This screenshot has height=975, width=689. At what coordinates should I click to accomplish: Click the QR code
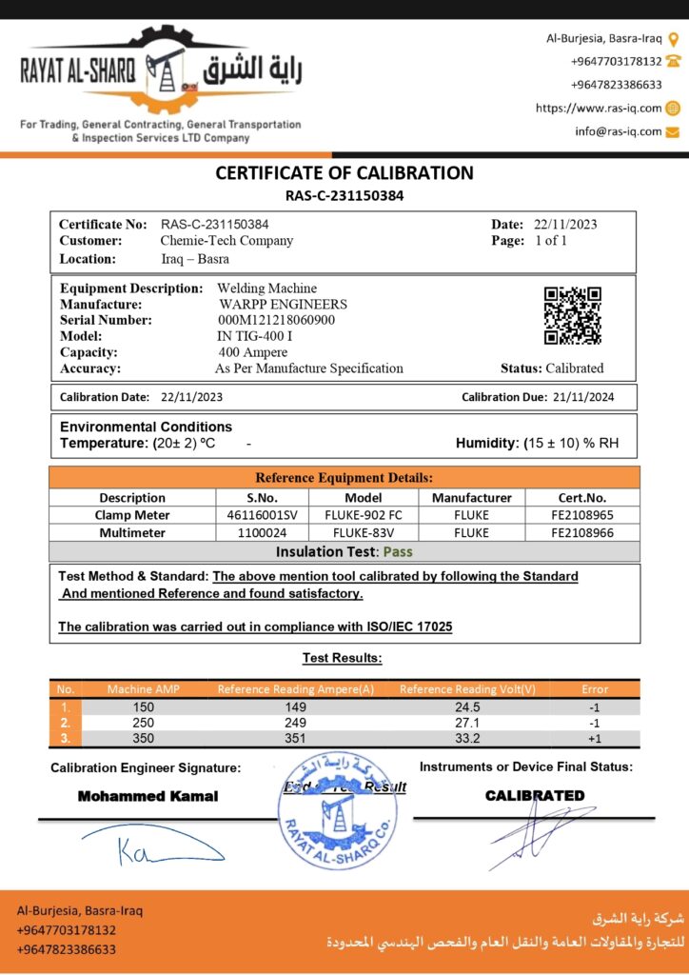pyautogui.click(x=573, y=315)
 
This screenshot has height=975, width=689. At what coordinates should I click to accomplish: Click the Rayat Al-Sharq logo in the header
pyautogui.click(x=161, y=71)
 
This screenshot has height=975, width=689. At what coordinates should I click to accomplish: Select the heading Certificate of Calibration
pyautogui.click(x=344, y=173)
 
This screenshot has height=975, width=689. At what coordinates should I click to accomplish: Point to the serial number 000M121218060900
pyautogui.click(x=276, y=320)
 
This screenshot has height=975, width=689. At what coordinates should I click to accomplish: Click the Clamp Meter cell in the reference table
pyautogui.click(x=131, y=515)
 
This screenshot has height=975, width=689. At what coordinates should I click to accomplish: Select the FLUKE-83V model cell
pyautogui.click(x=363, y=533)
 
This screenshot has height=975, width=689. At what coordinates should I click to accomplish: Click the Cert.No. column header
pyautogui.click(x=581, y=498)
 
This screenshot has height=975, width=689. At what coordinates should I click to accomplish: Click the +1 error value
pyautogui.click(x=593, y=739)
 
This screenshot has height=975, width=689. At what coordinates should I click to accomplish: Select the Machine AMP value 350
pyautogui.click(x=142, y=739)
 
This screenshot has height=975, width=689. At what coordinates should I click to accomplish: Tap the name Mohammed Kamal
pyautogui.click(x=148, y=796)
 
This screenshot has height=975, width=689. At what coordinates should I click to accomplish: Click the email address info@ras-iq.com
pyautogui.click(x=618, y=131)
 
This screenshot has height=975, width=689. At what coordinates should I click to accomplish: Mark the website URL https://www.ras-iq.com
pyautogui.click(x=599, y=108)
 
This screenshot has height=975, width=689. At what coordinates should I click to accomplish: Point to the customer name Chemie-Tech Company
pyautogui.click(x=226, y=241)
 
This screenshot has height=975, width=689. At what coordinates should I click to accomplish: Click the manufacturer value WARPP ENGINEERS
pyautogui.click(x=283, y=304)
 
